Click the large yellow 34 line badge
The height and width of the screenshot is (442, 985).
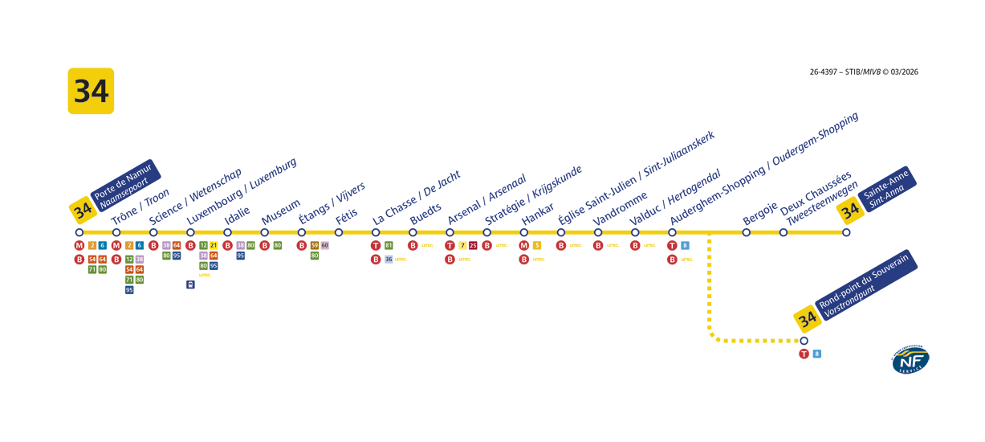(x=91, y=91)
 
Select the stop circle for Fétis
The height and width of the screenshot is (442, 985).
(x=339, y=232)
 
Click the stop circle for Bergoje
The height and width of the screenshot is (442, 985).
(x=747, y=232)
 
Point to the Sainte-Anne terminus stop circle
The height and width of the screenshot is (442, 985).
(x=846, y=232)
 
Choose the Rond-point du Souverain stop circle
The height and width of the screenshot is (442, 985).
(x=804, y=341)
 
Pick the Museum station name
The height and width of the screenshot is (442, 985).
(x=281, y=207)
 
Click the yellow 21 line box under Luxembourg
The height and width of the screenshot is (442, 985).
(x=214, y=245)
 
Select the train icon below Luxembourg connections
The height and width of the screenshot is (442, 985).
(x=190, y=284)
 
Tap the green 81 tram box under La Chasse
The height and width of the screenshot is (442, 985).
(x=389, y=245)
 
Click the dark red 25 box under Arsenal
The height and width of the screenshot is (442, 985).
(x=473, y=245)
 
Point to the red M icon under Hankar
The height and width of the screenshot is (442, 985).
(x=524, y=245)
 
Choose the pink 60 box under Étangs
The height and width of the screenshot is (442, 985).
(x=325, y=245)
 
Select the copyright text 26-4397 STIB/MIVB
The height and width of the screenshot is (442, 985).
(x=864, y=72)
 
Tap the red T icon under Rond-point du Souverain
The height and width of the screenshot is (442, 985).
(x=804, y=354)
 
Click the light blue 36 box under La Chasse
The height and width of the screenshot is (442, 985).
(x=389, y=259)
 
